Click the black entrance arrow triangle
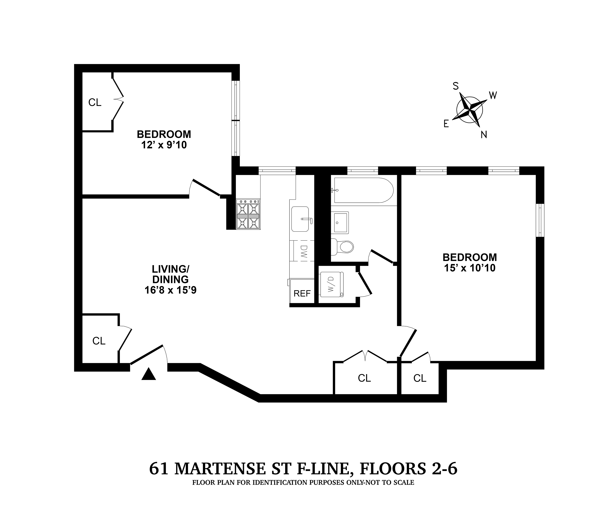pos(149,374)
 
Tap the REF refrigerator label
pos(302,293)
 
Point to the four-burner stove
pos(248,214)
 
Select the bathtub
pos(363,190)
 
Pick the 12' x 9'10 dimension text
pos(164,145)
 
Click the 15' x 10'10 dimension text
pos(470,268)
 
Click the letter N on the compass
pos(484,135)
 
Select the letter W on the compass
pos(493,95)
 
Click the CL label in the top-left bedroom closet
pos(95,102)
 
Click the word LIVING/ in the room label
pos(170,269)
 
